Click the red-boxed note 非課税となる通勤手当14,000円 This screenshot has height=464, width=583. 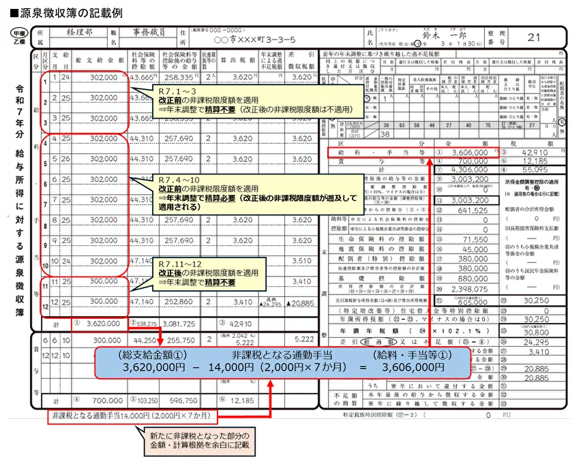[130, 415]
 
